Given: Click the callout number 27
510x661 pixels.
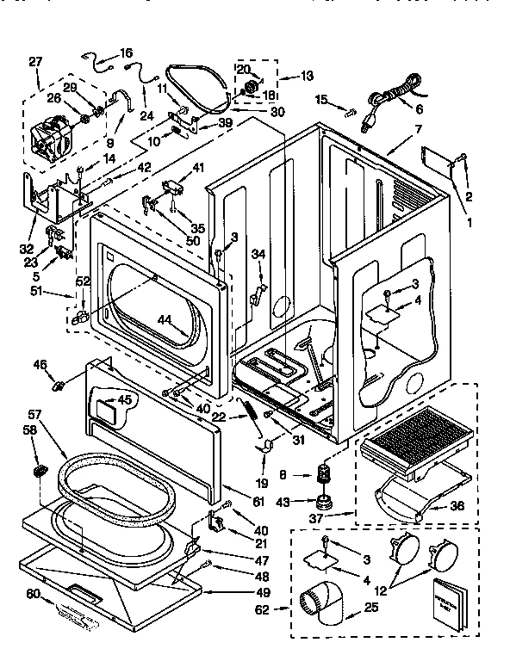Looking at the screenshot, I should (x=34, y=61).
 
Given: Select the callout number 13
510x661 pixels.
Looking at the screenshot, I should (x=307, y=77).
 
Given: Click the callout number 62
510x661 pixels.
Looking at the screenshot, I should (x=264, y=610).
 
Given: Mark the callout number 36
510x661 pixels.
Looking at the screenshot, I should (x=457, y=505).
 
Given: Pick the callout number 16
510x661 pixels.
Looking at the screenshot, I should (x=126, y=53).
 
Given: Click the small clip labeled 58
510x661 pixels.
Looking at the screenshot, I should (x=40, y=471).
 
